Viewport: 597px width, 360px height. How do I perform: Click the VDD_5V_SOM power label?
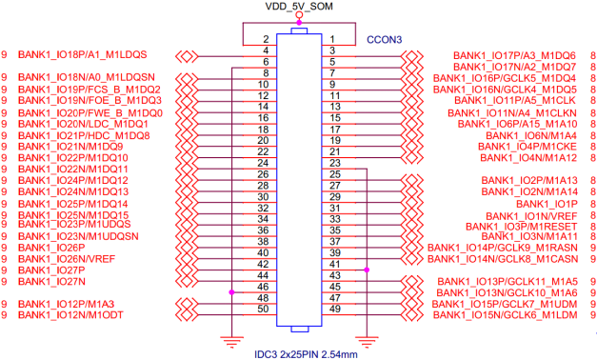click(299, 8)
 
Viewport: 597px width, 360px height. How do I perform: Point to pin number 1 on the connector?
click(334, 39)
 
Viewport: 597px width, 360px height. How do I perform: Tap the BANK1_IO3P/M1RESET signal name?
click(523, 226)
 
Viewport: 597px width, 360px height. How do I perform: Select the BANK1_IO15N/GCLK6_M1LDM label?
click(507, 315)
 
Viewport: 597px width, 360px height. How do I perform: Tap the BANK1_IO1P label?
click(547, 204)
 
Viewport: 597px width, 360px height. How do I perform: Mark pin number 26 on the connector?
click(263, 173)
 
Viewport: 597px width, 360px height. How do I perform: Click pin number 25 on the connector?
click(334, 173)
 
